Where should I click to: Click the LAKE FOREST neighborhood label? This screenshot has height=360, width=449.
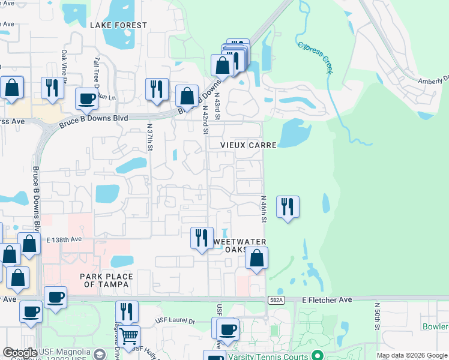(x=118, y=25)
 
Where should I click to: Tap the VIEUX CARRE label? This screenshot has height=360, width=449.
(x=240, y=145)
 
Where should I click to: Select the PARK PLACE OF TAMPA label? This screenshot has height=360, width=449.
(x=105, y=280)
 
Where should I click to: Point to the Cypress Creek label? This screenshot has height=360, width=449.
(x=315, y=56)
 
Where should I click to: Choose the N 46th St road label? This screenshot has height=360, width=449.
(x=263, y=208)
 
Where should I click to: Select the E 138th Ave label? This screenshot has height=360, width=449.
(x=64, y=239)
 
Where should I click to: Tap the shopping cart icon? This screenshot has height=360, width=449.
(x=129, y=335)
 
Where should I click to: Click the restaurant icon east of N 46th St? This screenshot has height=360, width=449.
(x=288, y=207)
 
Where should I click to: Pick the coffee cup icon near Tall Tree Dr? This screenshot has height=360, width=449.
(x=86, y=98)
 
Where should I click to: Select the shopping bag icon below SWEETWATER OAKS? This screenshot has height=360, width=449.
(x=256, y=258)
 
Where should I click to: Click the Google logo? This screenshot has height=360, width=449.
(x=20, y=353)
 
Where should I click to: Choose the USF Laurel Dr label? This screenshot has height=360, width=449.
(x=175, y=321)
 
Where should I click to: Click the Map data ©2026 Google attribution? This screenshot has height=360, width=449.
(x=411, y=355)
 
